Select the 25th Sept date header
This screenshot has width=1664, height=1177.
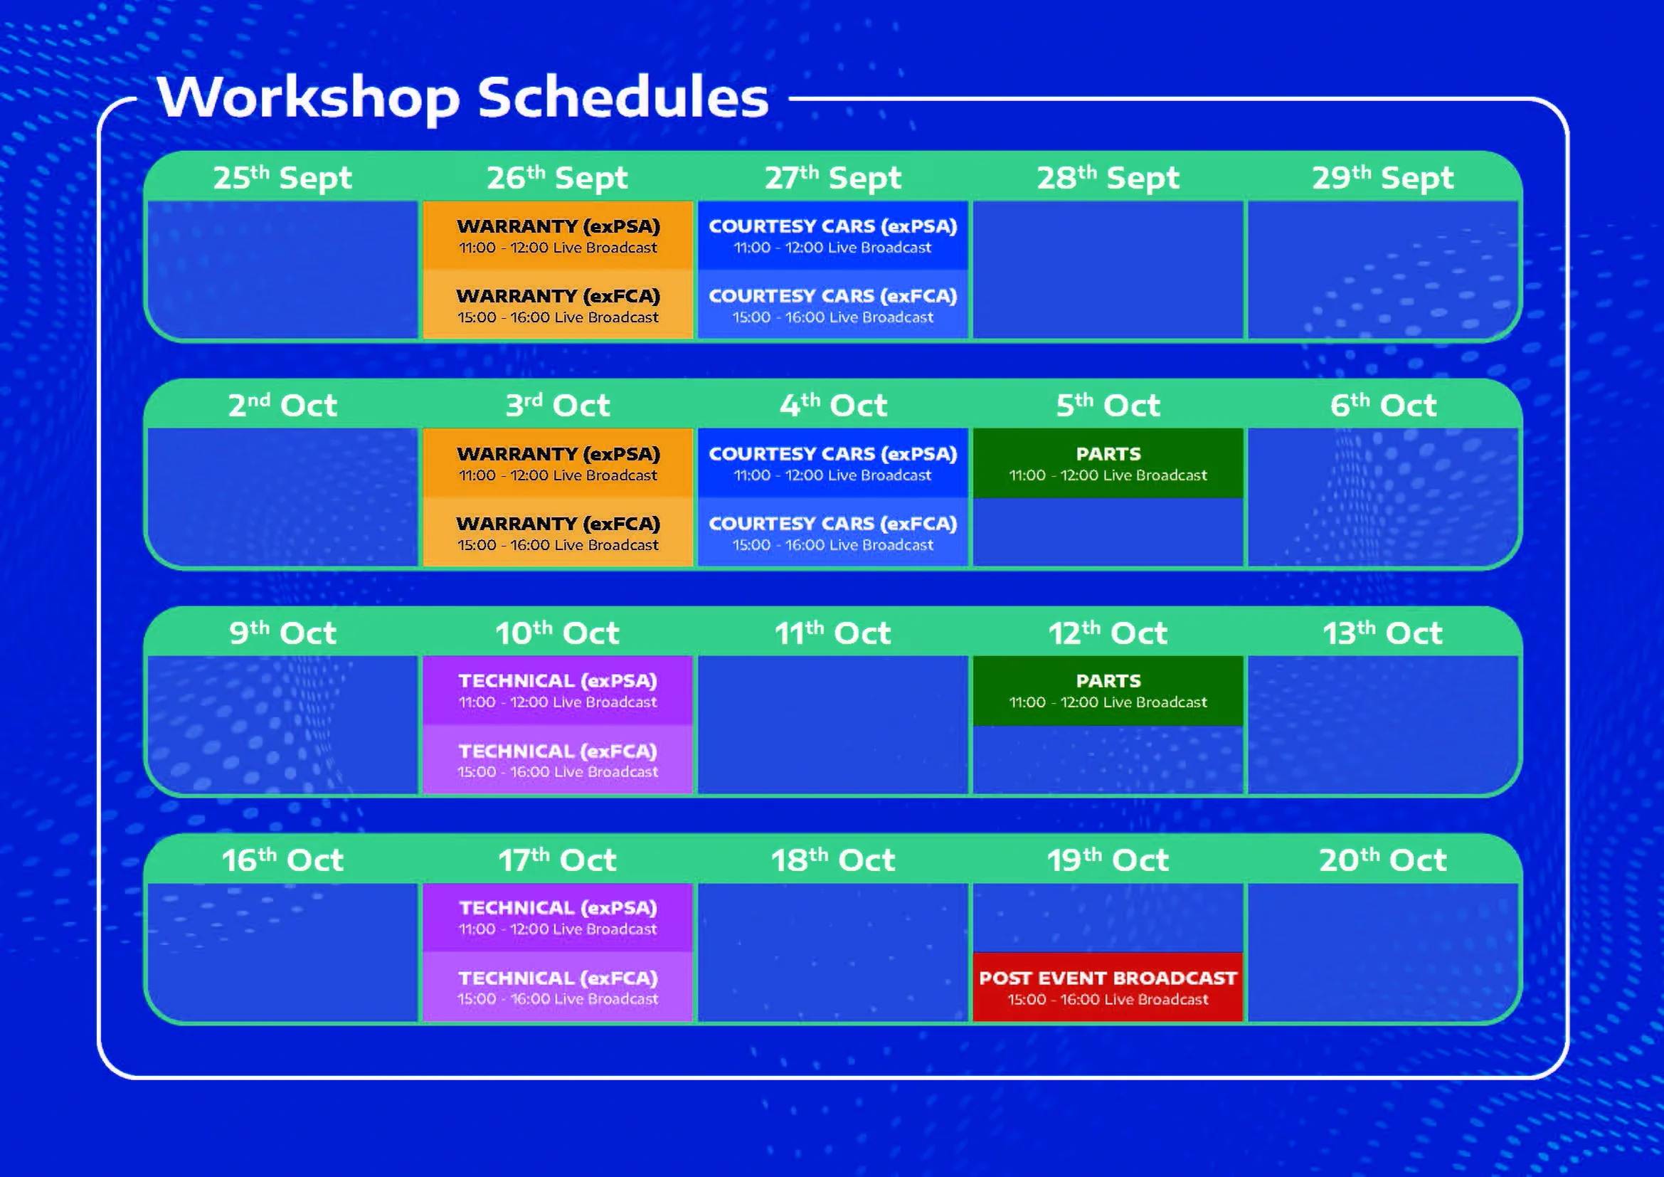tap(282, 178)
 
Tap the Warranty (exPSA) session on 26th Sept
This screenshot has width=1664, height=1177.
tap(557, 236)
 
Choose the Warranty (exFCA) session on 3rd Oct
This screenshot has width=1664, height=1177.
tap(557, 533)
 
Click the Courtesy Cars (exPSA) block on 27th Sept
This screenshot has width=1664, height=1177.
tap(832, 236)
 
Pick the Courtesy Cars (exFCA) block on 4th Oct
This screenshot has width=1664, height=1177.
tap(832, 533)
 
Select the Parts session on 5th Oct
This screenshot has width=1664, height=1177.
tap(1108, 463)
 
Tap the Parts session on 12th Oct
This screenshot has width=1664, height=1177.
tap(1108, 690)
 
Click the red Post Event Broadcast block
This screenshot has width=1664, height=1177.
tap(1108, 987)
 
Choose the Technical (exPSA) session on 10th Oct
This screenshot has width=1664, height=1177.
tap(557, 690)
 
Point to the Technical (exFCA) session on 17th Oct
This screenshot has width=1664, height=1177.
tap(557, 987)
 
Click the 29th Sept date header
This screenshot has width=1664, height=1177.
tap(1382, 178)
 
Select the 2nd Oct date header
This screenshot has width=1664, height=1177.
tap(282, 405)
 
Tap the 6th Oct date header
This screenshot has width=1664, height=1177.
tap(1382, 405)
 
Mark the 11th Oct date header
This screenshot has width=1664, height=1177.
tap(832, 633)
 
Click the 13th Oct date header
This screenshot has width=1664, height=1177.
tap(1382, 633)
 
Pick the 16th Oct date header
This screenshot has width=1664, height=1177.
tap(282, 860)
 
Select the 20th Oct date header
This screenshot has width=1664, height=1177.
tap(1382, 860)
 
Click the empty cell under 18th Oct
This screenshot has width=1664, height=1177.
tap(832, 951)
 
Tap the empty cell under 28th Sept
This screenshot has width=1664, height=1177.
tap(1108, 270)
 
